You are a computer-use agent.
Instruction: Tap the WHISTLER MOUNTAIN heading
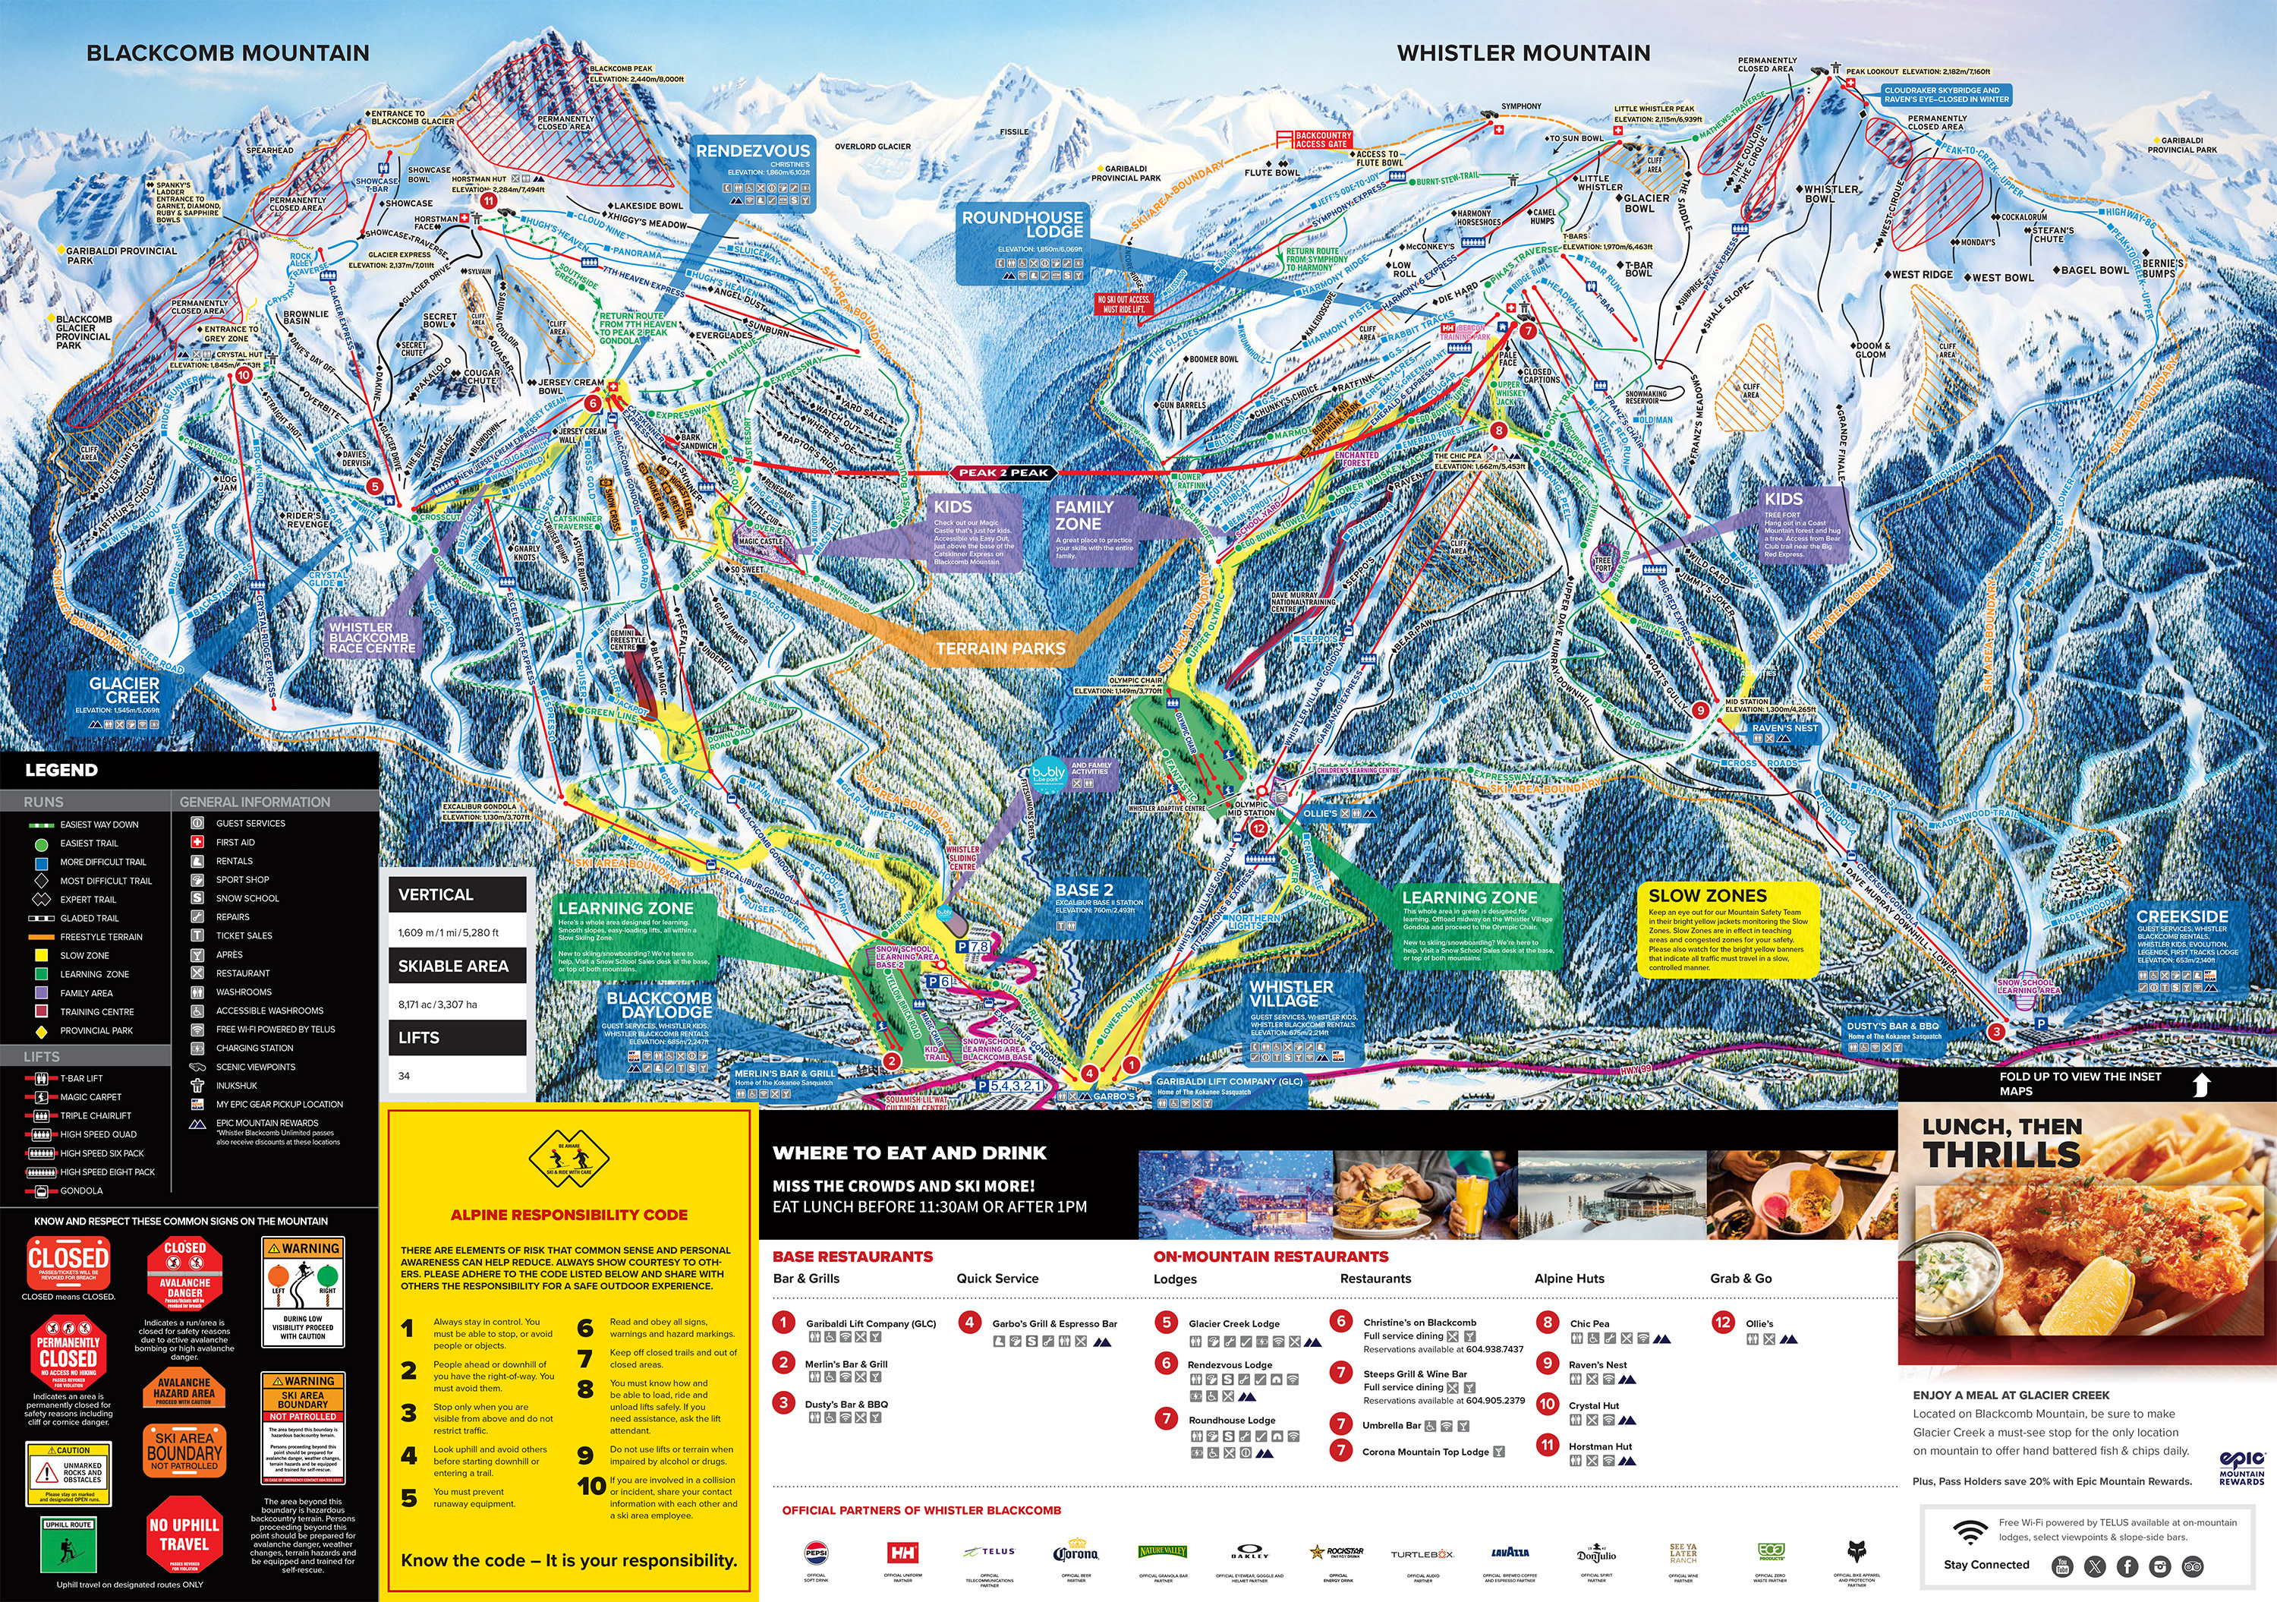coord(1523,54)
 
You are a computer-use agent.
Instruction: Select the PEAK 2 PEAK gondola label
coord(1003,473)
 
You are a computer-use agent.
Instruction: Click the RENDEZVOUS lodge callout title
coord(753,151)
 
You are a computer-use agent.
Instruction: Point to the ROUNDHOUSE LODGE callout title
coord(1022,223)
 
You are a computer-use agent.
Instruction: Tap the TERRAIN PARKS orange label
coord(1000,648)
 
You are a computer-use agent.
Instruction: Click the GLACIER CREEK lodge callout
coord(124,690)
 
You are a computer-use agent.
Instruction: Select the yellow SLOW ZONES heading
coord(1708,896)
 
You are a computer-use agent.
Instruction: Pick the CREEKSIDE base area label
coord(2182,916)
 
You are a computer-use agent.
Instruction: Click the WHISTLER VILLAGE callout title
coord(1291,993)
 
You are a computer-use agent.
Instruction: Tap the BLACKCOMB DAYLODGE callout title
coord(659,1004)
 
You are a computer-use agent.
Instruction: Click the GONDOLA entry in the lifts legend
coord(81,1190)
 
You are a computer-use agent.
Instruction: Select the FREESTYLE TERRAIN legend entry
coord(101,936)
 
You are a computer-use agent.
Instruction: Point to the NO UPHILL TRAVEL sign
coord(184,1534)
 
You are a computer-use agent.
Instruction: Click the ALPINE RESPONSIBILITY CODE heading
coord(568,1214)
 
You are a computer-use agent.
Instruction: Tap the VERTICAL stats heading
coord(436,894)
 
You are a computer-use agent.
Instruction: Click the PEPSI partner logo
coord(816,1553)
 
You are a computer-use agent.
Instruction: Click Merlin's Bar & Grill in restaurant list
coord(846,1364)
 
